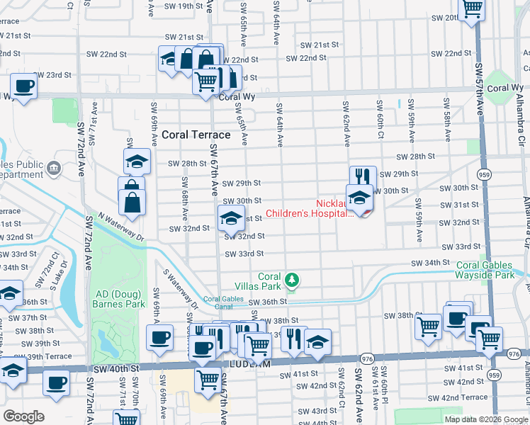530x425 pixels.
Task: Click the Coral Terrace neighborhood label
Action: tap(196, 134)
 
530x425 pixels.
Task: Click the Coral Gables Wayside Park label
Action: tap(486, 270)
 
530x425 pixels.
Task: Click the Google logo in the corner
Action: tap(24, 416)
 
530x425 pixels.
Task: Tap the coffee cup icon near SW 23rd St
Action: tap(23, 86)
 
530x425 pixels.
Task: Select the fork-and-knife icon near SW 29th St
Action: tap(362, 176)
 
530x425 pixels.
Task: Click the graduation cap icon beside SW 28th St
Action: tap(137, 161)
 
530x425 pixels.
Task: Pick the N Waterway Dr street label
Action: tap(121, 227)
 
